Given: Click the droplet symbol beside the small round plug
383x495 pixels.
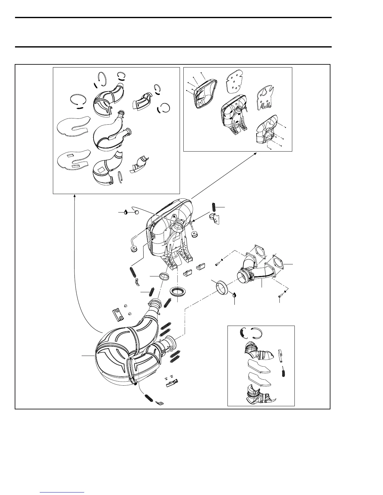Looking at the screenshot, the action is pyautogui.click(x=125, y=212).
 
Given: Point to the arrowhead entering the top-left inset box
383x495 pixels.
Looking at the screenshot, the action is pyautogui.click(x=74, y=196).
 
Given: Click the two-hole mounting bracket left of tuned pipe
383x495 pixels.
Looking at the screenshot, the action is pyautogui.click(x=118, y=315).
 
